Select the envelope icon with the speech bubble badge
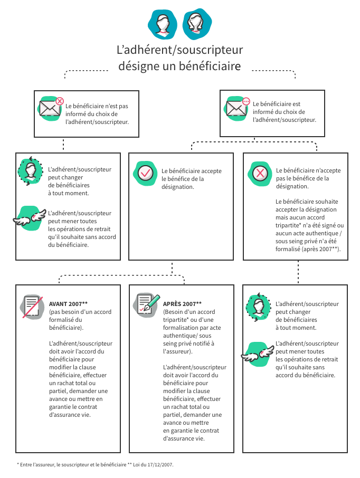pos(236,109)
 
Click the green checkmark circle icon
pos(145,173)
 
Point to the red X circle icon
pos(260,173)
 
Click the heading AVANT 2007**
pos(68,304)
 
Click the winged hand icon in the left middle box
pos(30,217)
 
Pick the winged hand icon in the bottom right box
pos(257,352)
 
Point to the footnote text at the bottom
pos(96,465)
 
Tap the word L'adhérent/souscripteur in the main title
pos(179,51)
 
